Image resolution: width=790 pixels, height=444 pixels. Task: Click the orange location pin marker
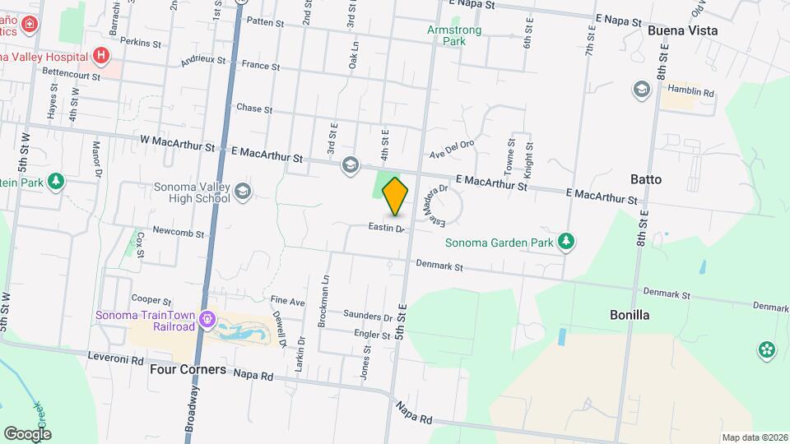click(396, 196)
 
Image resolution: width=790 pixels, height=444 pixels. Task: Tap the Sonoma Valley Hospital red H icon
click(101, 56)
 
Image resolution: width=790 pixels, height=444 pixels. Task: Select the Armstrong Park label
click(454, 35)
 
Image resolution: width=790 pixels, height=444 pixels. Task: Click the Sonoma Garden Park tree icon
click(565, 241)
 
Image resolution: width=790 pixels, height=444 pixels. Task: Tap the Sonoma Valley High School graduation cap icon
click(243, 192)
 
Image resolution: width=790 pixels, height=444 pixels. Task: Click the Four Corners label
click(188, 369)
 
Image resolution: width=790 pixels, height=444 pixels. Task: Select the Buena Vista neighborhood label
click(682, 30)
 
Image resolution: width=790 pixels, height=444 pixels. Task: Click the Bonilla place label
click(630, 315)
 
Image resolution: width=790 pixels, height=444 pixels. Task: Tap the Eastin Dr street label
click(386, 228)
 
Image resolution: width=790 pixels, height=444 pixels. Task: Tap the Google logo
click(27, 433)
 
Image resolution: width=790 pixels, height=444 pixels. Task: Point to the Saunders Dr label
click(368, 317)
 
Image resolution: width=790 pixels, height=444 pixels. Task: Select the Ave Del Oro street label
click(453, 150)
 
